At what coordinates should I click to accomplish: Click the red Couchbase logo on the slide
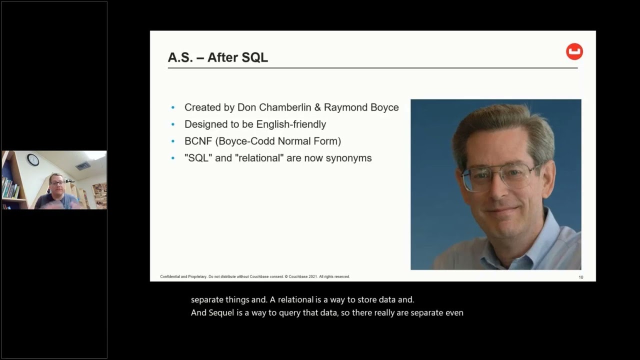pos(574,51)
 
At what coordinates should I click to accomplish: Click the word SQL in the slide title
pos(255,57)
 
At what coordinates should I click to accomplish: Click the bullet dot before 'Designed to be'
pos(173,124)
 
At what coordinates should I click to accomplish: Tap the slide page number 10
pos(581,277)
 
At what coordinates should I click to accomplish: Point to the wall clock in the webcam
pos(33,159)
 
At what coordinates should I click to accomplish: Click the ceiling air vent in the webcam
pos(83,165)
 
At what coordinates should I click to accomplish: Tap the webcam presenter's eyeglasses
pos(57,183)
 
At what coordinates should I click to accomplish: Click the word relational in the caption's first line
pos(295,299)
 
